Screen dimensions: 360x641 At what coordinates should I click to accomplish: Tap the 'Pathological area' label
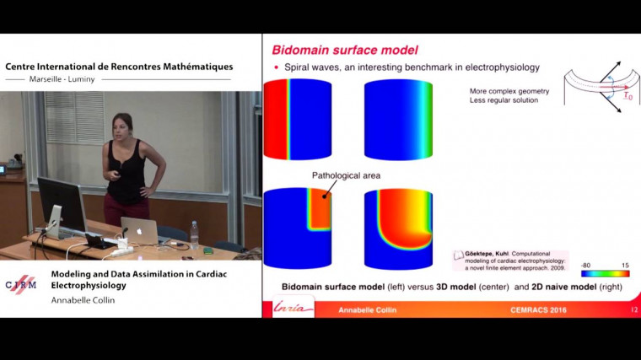[x=346, y=175]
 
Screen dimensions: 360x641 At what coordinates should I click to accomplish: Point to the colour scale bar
[x=605, y=273]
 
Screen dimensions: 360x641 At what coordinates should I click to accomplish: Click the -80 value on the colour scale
[x=585, y=264]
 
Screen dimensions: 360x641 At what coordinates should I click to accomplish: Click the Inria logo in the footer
[x=294, y=309]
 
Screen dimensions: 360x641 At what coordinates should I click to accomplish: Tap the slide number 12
[x=633, y=310]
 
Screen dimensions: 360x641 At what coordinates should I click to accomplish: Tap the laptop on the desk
[x=139, y=230]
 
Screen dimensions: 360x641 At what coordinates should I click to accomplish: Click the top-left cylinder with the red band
[x=298, y=120]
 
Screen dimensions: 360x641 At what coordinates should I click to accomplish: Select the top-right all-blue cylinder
[x=397, y=120]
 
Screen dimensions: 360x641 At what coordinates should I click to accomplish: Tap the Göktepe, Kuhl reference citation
[x=515, y=261]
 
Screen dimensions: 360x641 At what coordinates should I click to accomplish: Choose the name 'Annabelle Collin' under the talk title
[x=85, y=300]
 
